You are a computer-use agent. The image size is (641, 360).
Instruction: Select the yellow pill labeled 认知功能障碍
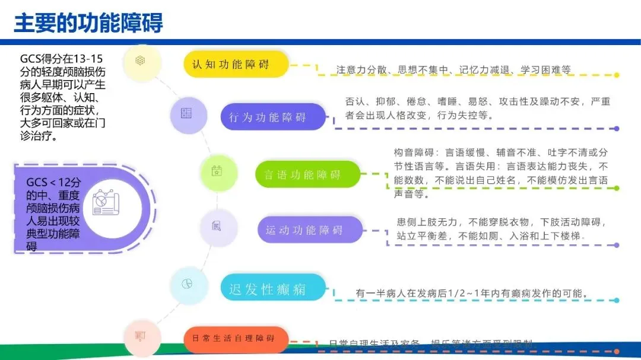[x=236, y=64]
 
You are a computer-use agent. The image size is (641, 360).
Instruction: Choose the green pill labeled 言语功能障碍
[x=308, y=174]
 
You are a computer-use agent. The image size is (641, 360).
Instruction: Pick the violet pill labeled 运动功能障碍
[x=309, y=230]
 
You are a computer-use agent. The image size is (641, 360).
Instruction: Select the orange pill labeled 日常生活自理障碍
[x=236, y=339]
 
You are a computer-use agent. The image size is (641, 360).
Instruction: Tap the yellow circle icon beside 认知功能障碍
[x=141, y=60]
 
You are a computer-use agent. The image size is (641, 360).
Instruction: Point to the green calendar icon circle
[x=216, y=172]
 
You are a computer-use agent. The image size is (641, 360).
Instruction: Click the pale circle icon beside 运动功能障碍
[x=216, y=226]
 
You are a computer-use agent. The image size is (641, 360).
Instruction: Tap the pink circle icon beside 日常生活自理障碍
[x=141, y=336]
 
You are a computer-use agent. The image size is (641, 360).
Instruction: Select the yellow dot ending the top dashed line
[x=617, y=75]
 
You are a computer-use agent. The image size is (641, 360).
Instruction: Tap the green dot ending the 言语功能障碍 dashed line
[x=617, y=188]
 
